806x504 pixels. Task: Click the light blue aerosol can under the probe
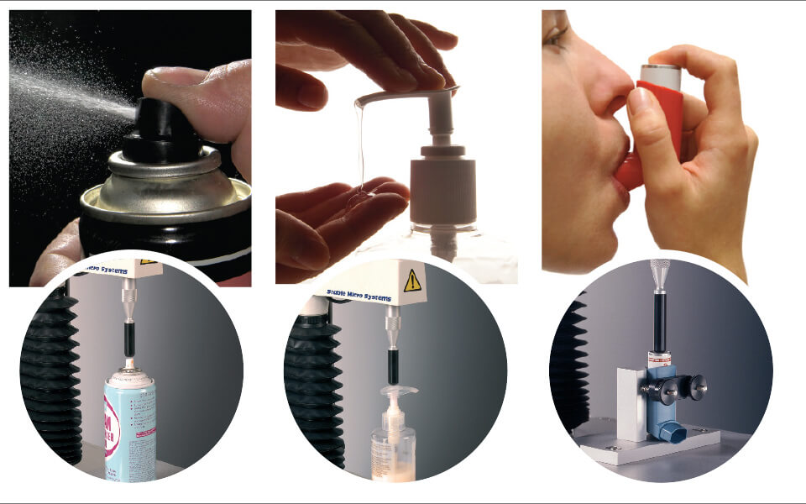130,428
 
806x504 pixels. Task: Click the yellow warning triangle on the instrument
412,281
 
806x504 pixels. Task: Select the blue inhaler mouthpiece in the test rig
671,433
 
